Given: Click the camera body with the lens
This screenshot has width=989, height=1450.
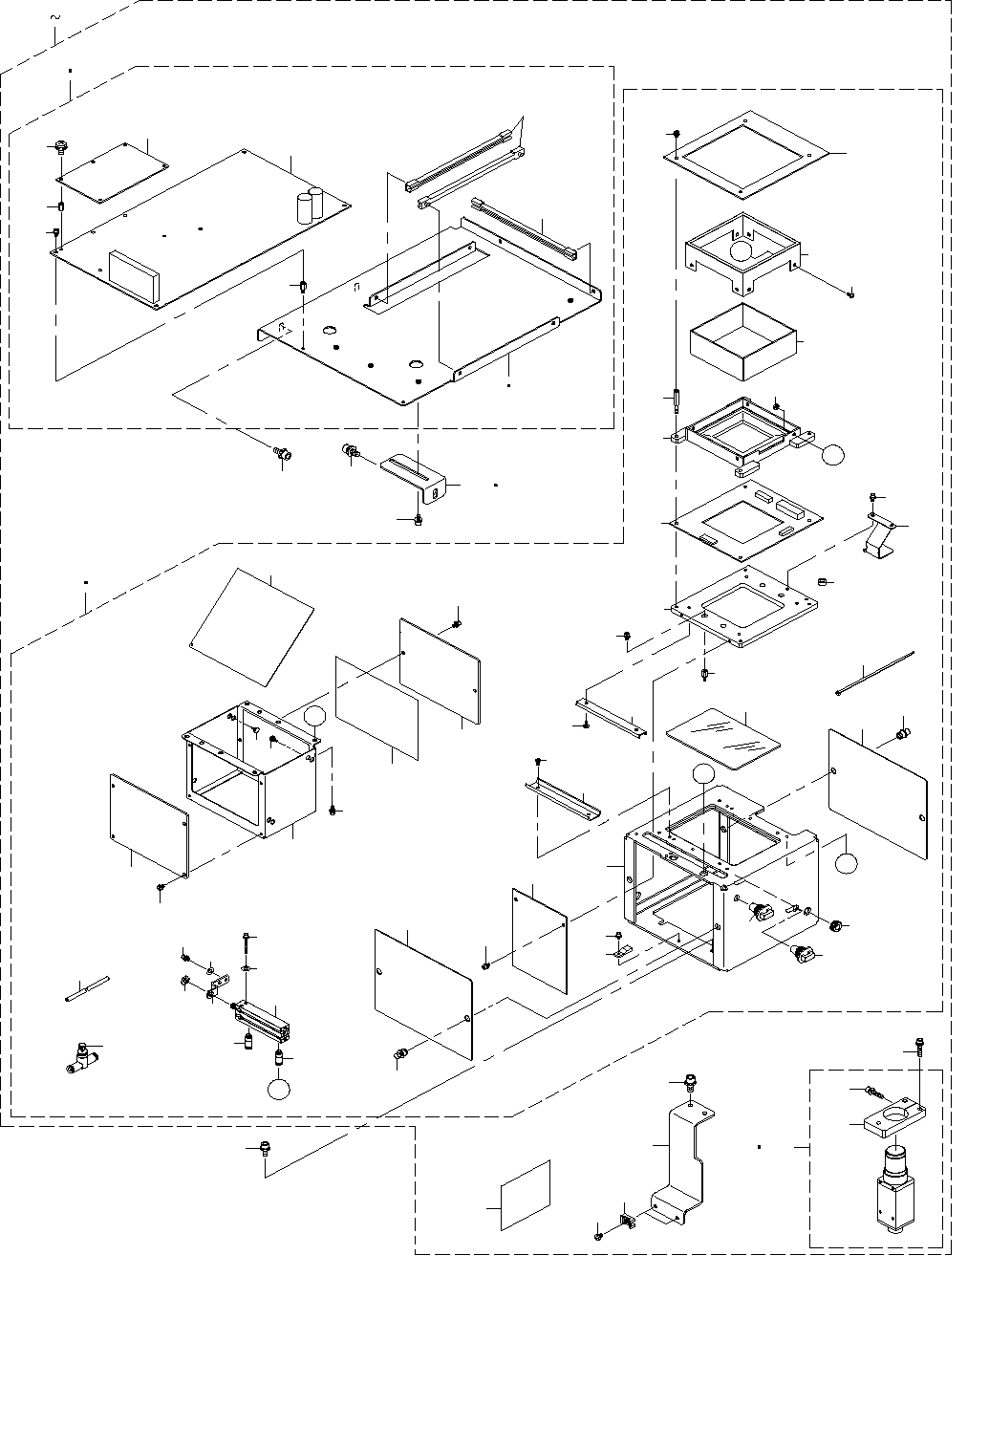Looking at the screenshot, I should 895,1191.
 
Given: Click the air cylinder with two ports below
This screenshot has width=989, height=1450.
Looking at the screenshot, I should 259,1017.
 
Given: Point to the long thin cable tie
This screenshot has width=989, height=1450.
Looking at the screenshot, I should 874,673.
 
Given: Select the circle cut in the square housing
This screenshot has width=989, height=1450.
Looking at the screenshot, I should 742,251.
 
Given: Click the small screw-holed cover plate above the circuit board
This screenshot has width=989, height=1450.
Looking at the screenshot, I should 113,172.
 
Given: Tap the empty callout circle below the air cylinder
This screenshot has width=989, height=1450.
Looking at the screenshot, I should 279,1089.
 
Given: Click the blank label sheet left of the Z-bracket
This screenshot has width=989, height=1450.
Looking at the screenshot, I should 526,1195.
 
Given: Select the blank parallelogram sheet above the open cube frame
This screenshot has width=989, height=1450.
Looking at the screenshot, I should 251,627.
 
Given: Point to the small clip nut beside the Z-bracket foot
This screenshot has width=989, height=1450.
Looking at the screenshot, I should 628,1222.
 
